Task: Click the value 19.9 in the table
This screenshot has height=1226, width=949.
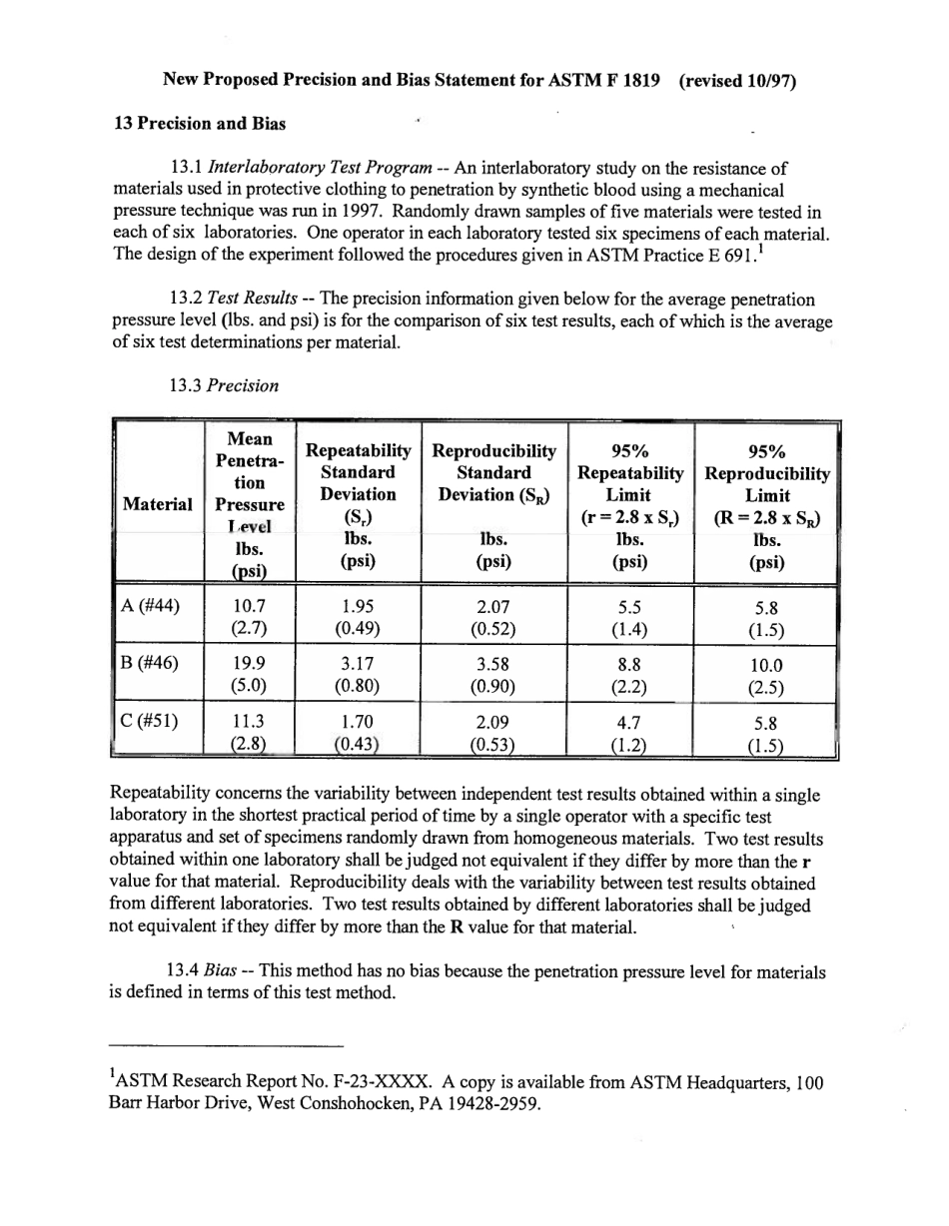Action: [249, 664]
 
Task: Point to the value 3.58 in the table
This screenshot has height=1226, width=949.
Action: [493, 664]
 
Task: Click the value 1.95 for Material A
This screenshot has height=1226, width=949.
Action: [358, 605]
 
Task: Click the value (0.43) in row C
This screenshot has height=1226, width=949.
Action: [358, 745]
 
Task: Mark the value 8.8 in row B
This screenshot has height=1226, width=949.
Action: [629, 664]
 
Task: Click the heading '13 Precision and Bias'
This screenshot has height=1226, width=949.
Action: [200, 124]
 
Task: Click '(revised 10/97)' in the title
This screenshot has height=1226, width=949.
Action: [737, 81]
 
